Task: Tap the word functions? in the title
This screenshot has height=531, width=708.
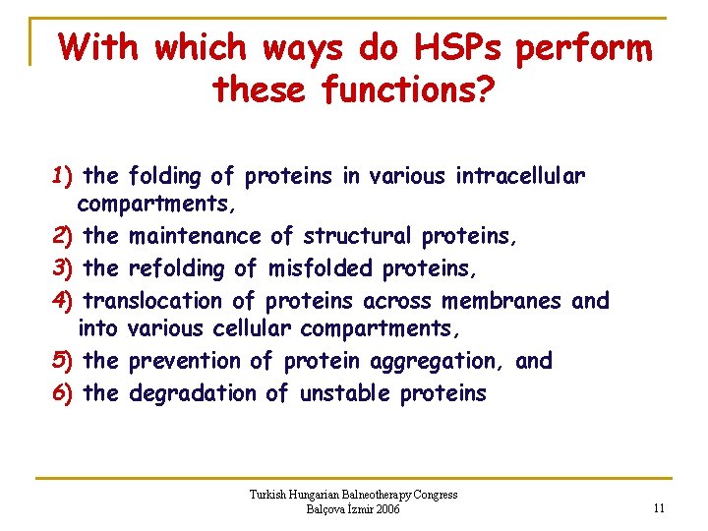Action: click(410, 90)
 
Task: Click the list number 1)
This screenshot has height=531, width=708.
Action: click(64, 177)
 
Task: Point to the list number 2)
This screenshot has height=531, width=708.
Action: click(64, 237)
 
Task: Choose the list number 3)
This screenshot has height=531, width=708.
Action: click(64, 268)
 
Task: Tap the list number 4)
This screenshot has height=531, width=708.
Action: click(64, 300)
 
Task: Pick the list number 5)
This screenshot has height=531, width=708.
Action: click(64, 361)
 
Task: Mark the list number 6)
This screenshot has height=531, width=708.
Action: click(64, 393)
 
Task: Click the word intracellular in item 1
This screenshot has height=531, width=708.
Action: click(520, 177)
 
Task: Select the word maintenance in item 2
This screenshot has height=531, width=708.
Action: click(196, 237)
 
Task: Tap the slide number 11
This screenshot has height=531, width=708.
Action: click(659, 508)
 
